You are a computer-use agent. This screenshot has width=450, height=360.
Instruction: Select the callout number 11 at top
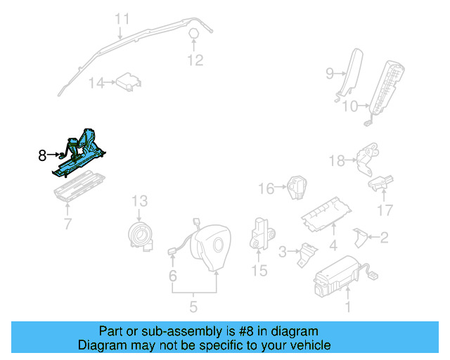click(x=122, y=19)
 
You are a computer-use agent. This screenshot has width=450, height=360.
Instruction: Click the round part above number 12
click(x=194, y=34)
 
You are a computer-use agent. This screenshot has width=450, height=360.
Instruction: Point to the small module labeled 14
click(x=127, y=82)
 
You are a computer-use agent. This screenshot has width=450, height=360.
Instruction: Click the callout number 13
click(x=139, y=200)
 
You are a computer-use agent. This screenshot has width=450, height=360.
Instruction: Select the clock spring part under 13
click(x=141, y=234)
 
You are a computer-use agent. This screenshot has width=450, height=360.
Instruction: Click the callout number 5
click(x=193, y=307)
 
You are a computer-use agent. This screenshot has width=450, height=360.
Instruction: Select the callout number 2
click(x=384, y=238)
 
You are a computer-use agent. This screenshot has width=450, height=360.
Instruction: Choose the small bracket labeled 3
click(x=305, y=254)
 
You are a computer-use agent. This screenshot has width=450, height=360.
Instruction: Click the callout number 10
click(x=350, y=107)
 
